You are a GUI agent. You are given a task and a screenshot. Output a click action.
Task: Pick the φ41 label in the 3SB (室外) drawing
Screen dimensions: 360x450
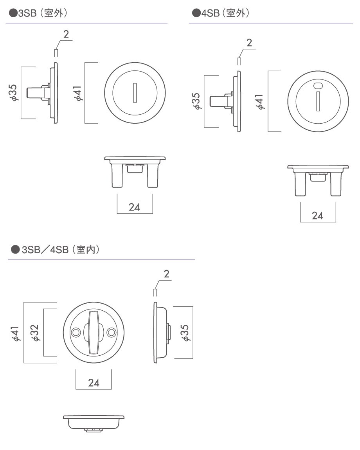pos(77,93)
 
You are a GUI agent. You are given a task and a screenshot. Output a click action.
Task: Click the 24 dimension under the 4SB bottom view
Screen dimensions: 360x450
pos(317,216)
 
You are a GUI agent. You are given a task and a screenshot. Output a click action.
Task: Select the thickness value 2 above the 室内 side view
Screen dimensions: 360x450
pos(167,274)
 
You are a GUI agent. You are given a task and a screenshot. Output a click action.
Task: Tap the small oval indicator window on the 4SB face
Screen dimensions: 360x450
pos(318,86)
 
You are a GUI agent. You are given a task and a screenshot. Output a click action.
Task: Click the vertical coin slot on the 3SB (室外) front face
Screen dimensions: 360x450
pos(135,93)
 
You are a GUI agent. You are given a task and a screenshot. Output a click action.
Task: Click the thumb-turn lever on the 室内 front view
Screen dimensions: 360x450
pos(94,332)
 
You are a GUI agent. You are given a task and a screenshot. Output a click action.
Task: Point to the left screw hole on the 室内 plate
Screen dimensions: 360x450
pos(76,333)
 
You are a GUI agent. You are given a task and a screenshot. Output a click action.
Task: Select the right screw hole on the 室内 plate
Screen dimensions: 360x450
pos(112,333)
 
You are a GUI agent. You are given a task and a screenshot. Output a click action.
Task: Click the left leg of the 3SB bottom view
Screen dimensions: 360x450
pos(117,175)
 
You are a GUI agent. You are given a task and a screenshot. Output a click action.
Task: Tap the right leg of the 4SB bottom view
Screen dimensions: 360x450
pos(336,184)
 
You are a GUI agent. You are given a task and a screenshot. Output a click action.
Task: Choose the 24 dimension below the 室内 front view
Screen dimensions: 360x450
pos(94,383)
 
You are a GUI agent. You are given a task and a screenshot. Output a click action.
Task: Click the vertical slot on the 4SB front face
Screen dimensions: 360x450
pos(318,101)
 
